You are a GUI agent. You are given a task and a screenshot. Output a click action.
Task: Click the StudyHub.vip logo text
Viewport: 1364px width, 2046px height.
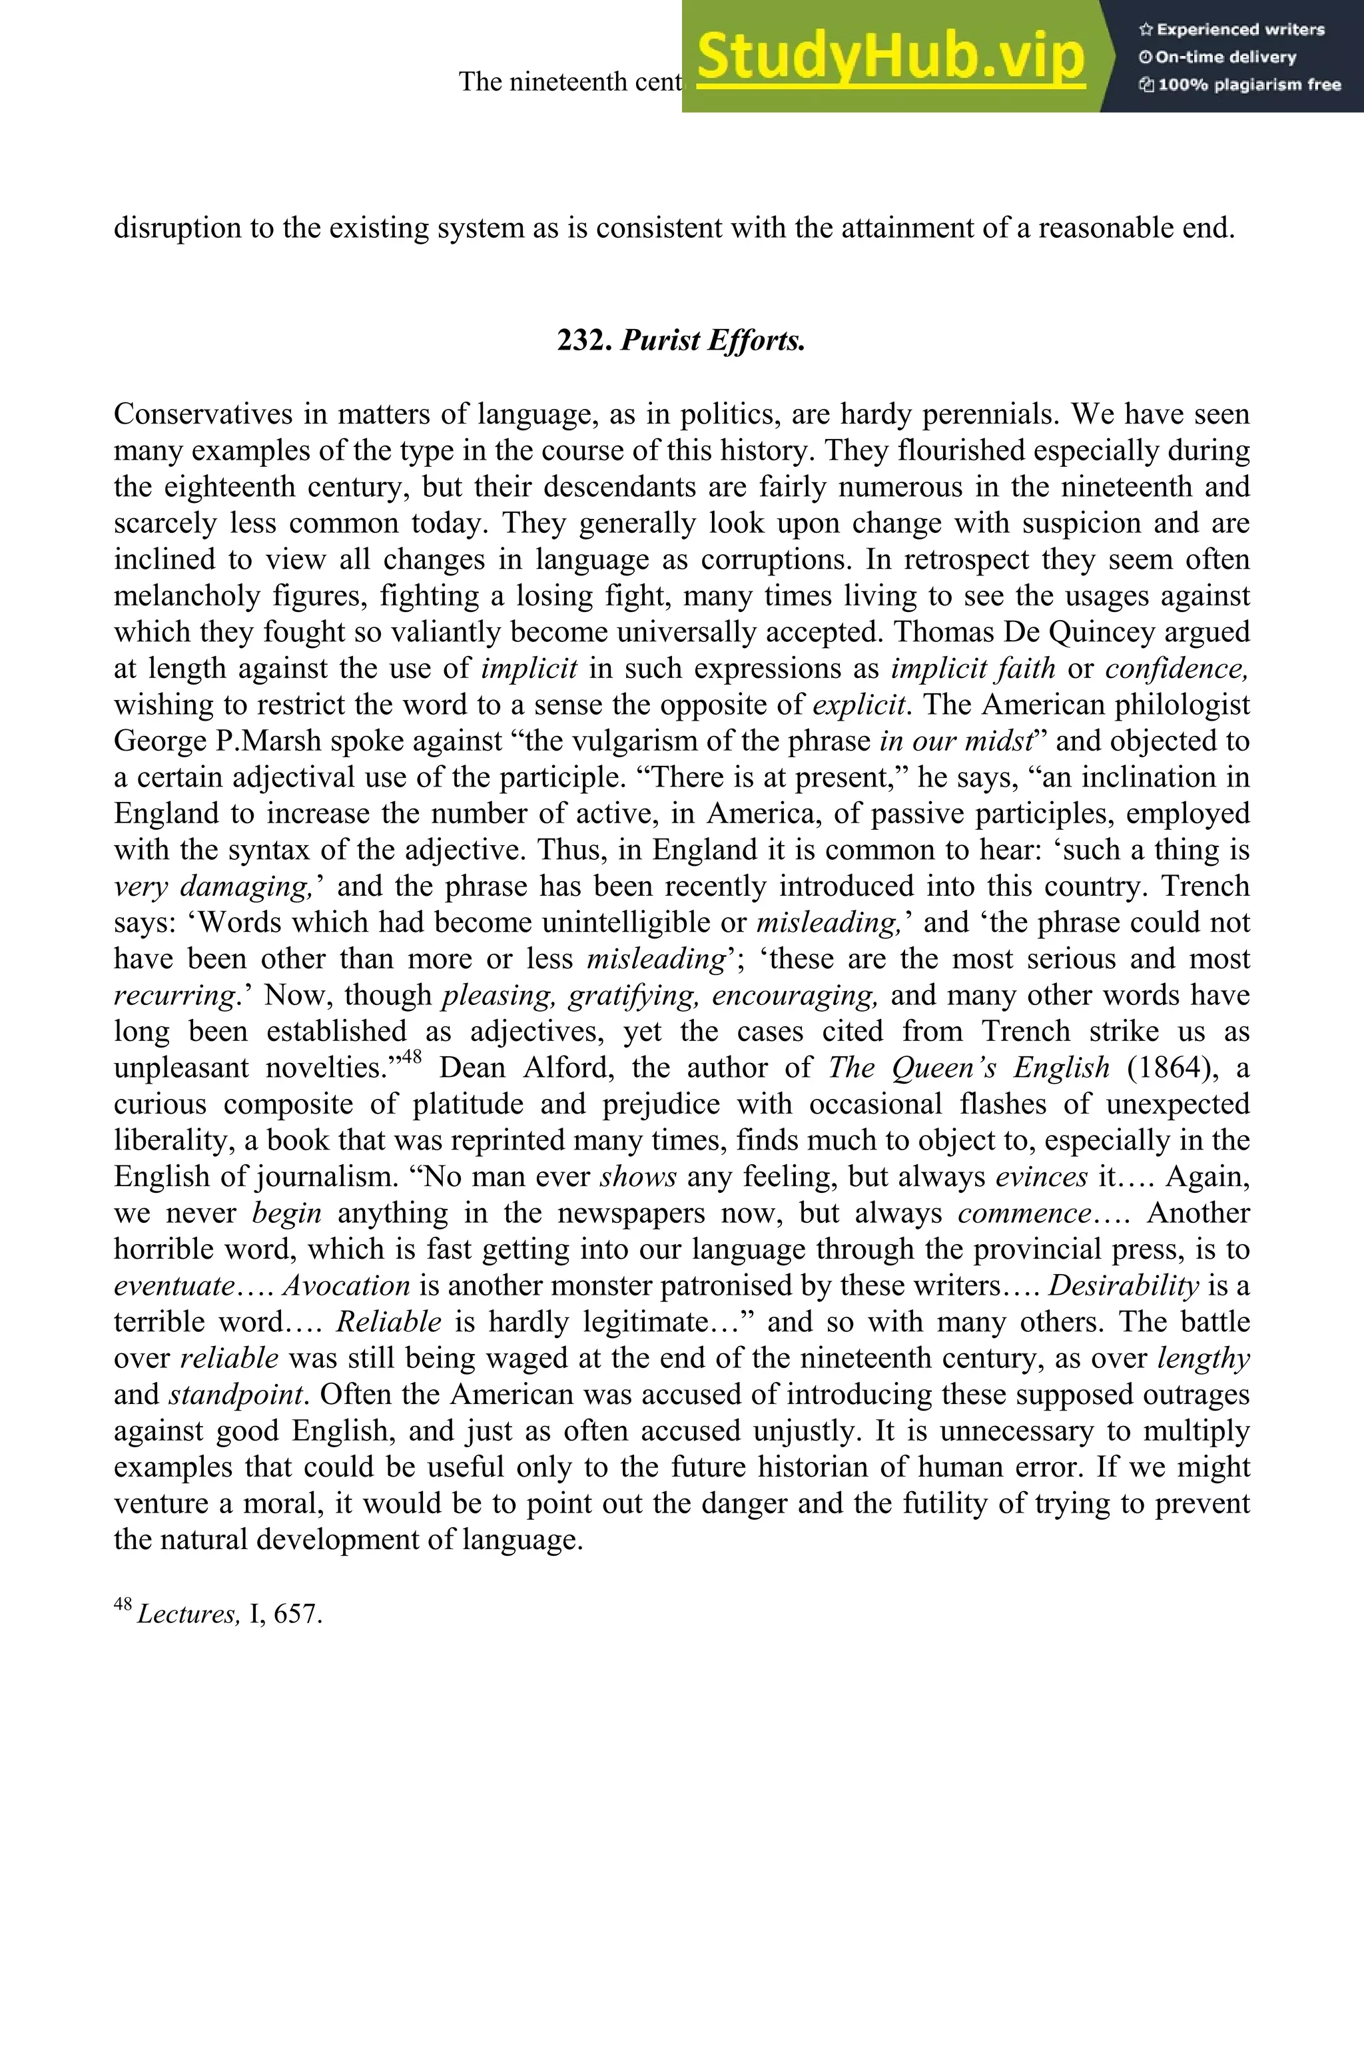[x=890, y=57]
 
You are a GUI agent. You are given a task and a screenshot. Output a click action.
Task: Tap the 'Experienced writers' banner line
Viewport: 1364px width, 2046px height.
[x=1231, y=29]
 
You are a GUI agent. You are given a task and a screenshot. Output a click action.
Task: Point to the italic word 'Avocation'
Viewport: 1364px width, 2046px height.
[x=346, y=1285]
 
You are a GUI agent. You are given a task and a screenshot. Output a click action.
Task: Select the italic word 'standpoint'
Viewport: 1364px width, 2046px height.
[x=238, y=1395]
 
